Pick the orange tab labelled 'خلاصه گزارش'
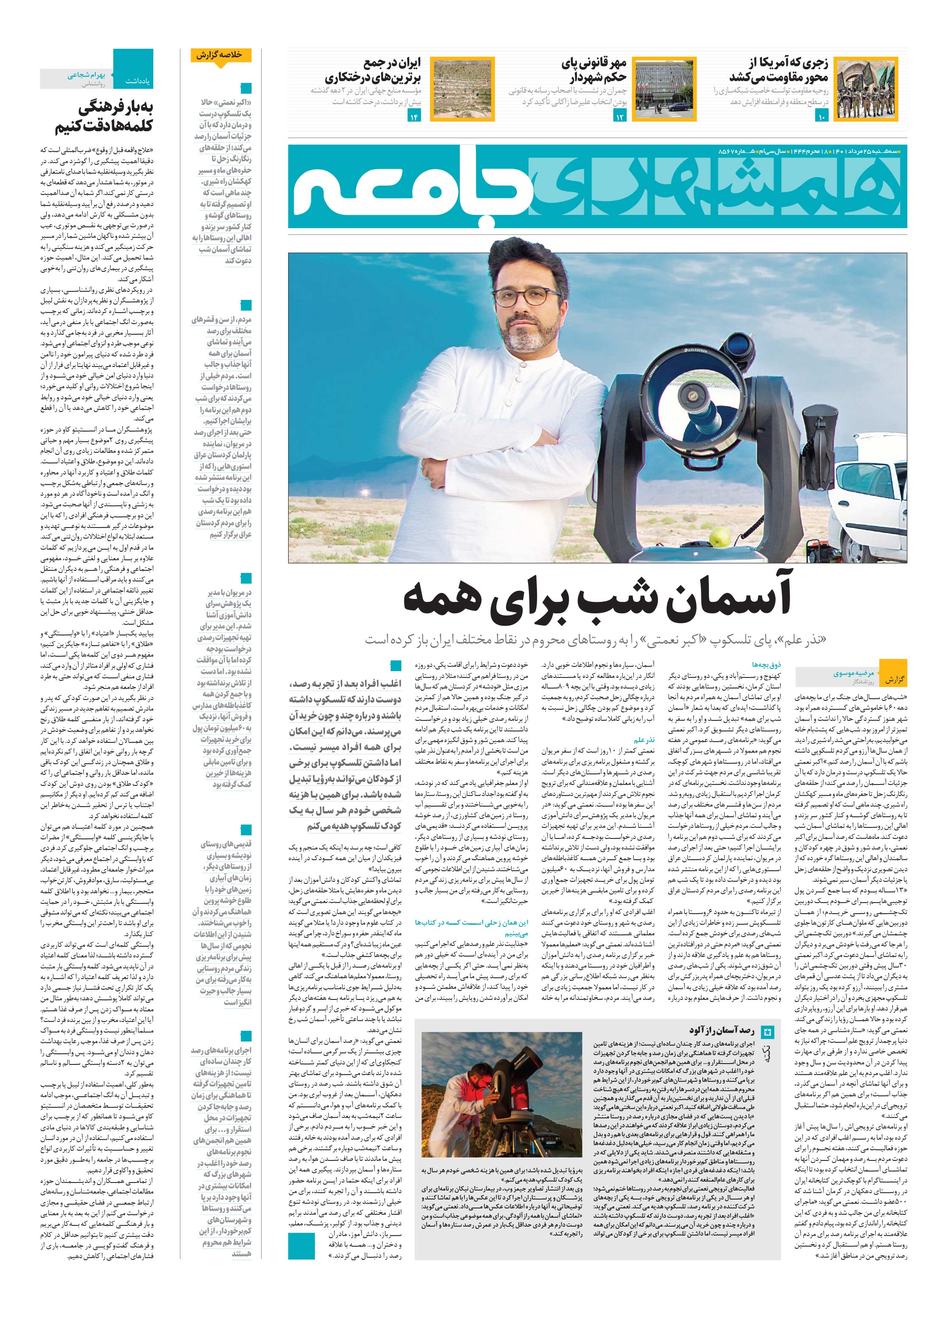222,56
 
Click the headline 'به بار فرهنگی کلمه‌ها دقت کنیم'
96,116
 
